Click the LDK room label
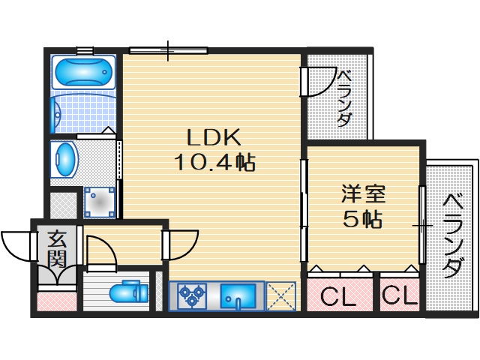[212, 137]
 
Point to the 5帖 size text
[363, 220]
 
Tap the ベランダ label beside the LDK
[343, 97]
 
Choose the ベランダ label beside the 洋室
[451, 235]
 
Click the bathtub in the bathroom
[83, 73]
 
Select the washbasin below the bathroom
[66, 160]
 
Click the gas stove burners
[193, 295]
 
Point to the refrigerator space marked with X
[281, 295]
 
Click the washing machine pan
[100, 201]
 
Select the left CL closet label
[337, 298]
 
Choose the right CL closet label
[398, 297]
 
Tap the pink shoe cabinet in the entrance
[57, 301]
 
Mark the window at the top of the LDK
[166, 51]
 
